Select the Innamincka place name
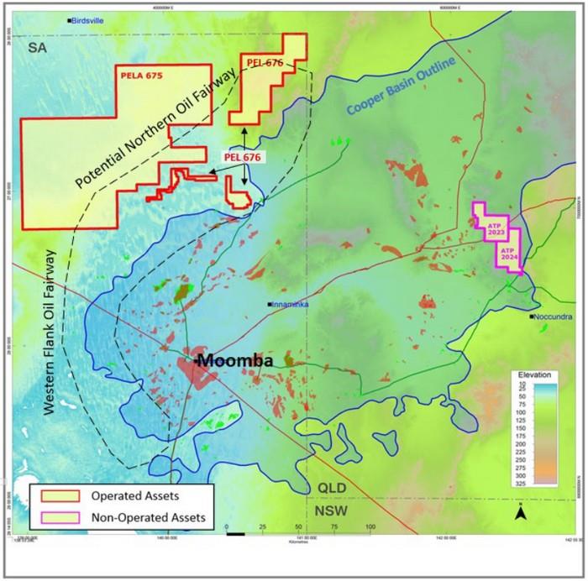[x=292, y=305]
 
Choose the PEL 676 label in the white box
[x=244, y=157]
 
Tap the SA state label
[x=34, y=50]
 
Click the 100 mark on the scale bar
[x=370, y=526]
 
